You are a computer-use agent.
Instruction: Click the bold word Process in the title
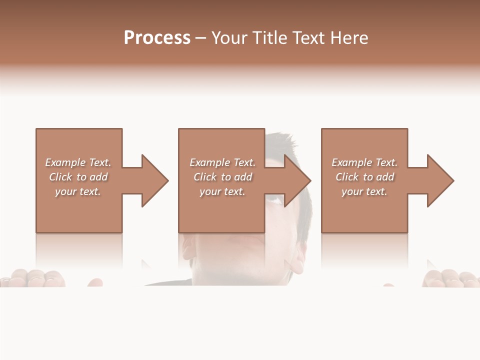[157, 38]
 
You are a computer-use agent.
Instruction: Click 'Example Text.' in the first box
[78, 162]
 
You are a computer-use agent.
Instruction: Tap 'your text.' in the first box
[78, 191]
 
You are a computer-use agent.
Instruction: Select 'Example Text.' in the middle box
[222, 162]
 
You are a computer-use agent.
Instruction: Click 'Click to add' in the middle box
[222, 177]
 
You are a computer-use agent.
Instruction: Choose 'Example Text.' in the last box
[364, 162]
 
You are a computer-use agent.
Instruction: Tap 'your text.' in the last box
[364, 191]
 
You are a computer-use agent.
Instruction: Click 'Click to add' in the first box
[78, 177]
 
